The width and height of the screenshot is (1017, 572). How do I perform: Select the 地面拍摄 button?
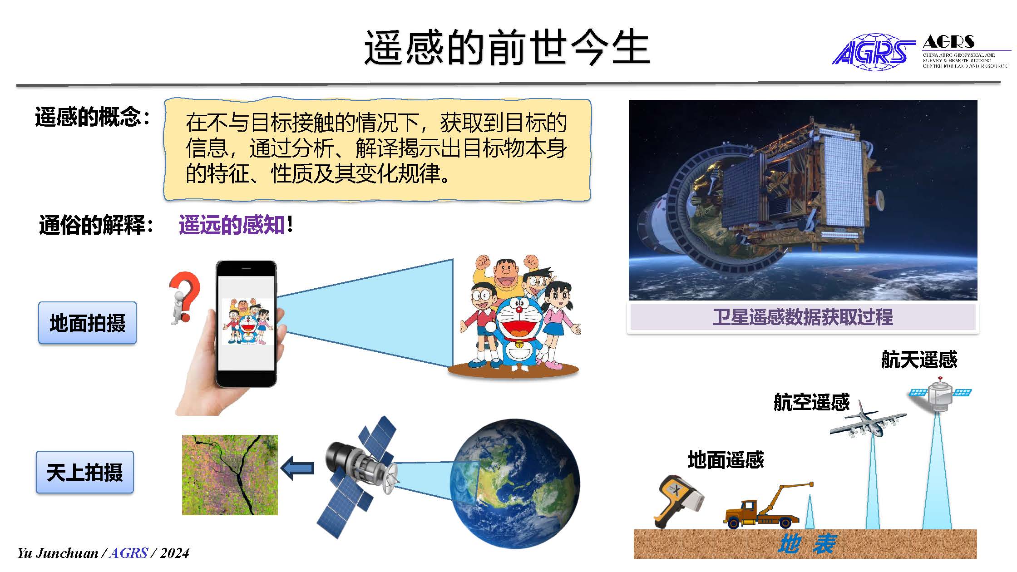87,323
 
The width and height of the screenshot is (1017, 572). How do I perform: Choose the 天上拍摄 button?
85,472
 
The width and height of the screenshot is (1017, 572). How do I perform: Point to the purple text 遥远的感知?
232,225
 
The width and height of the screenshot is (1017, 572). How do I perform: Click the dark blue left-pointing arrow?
297,468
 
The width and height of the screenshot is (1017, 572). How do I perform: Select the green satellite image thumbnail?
230,475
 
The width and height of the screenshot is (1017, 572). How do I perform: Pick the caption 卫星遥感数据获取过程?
803,317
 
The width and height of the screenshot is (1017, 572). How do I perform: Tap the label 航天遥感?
919,360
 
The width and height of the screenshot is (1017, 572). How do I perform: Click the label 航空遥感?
811,402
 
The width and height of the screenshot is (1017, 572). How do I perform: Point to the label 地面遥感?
726,460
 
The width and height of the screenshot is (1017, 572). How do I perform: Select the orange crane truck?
767,506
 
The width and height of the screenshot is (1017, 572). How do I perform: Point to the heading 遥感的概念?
92,117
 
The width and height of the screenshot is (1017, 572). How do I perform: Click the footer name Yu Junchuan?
58,553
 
